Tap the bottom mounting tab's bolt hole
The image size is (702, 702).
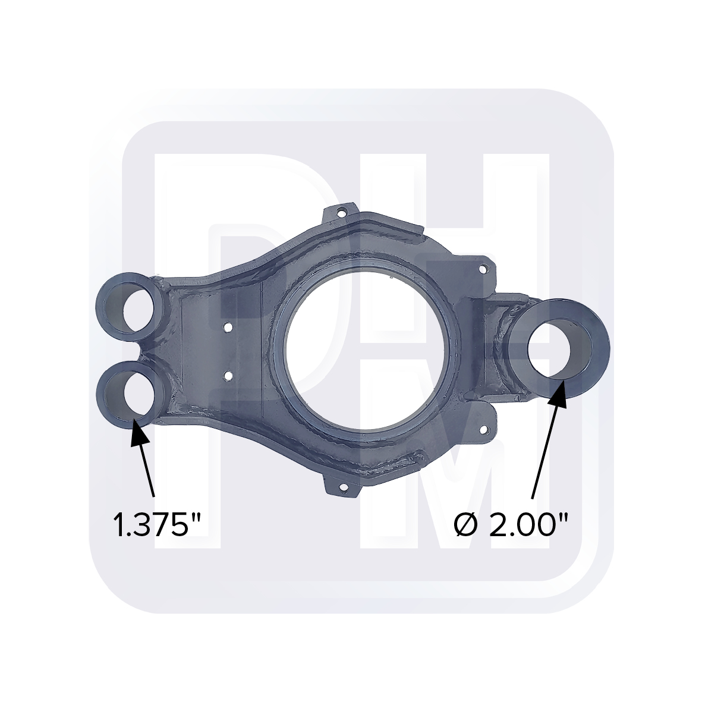tap(342, 489)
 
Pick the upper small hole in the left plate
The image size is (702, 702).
tap(227, 326)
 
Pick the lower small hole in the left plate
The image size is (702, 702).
tap(227, 375)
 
